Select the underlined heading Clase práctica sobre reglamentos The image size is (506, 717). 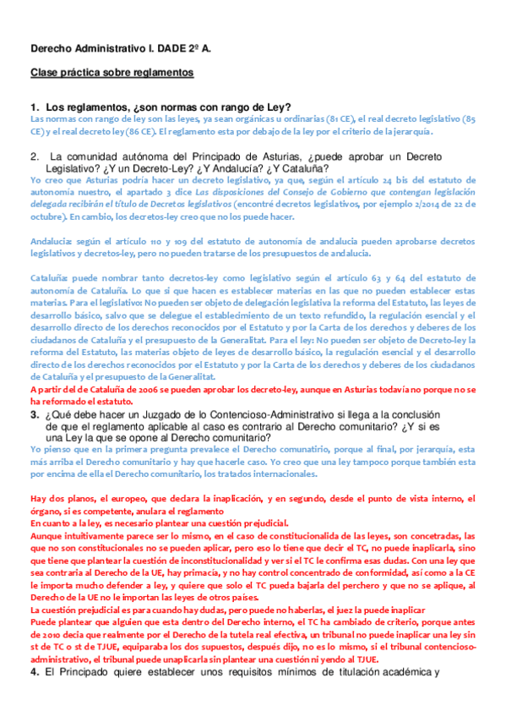(x=112, y=74)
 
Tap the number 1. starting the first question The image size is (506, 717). (x=35, y=107)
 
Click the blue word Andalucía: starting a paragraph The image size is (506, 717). (x=50, y=241)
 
